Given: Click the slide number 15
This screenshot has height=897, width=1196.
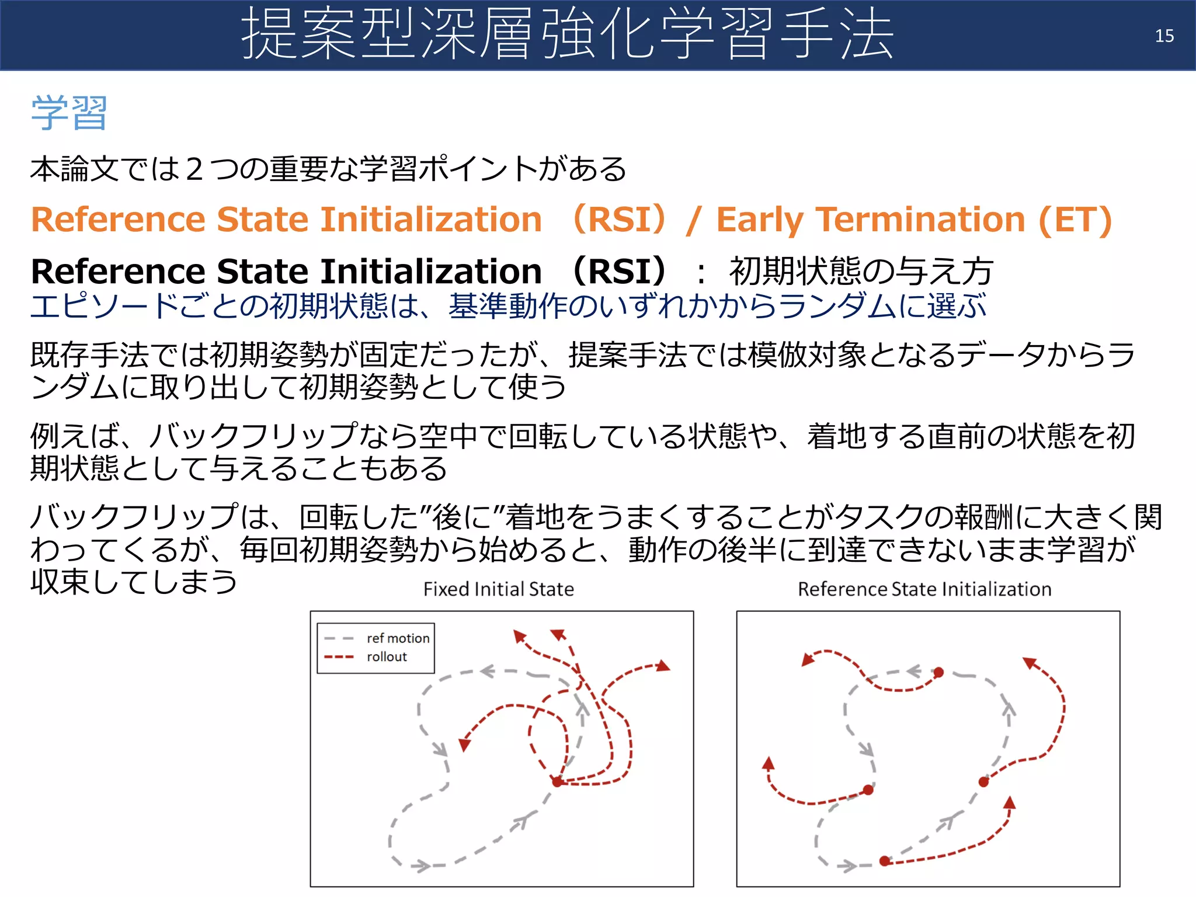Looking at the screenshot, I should [1164, 36].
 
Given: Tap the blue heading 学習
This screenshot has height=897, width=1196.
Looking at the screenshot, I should [69, 113].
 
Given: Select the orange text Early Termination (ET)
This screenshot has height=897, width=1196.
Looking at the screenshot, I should [914, 220].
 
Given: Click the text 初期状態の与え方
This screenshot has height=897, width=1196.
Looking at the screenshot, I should [861, 272].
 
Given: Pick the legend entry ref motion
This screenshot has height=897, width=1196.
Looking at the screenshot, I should [398, 638].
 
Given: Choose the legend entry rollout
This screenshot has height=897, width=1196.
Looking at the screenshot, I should [387, 657].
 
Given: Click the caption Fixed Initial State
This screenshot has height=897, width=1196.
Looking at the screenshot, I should [499, 589].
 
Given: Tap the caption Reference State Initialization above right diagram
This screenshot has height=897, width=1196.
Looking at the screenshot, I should [924, 589].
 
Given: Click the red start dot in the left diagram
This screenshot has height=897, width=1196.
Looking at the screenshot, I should [557, 781].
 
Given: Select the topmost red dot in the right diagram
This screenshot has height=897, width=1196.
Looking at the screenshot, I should [938, 673].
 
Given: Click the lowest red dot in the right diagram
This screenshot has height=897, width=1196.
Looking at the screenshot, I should [884, 861].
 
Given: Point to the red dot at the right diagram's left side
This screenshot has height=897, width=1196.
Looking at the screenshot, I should [868, 790].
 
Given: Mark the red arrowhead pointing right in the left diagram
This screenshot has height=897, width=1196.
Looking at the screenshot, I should [663, 666].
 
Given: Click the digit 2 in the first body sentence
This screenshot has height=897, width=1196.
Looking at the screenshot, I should [194, 170].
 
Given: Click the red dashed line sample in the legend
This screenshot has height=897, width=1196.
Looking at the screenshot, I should [339, 657].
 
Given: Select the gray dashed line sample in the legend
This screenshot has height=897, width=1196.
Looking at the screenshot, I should [339, 638].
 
